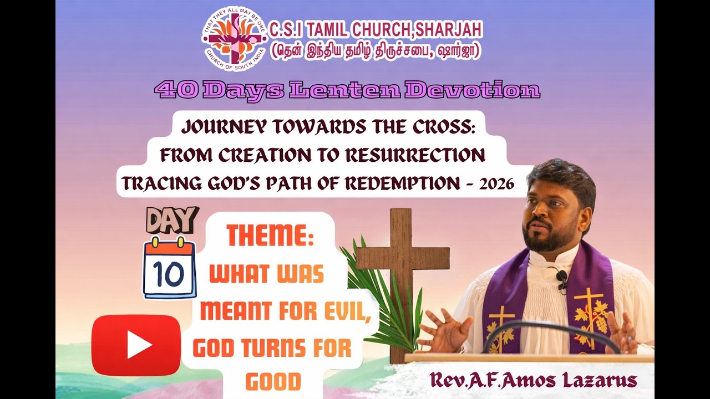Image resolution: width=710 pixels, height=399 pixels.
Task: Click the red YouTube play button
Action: [136, 345]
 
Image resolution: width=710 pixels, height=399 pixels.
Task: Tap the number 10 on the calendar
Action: [170, 273]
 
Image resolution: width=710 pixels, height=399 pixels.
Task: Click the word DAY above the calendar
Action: [172, 221]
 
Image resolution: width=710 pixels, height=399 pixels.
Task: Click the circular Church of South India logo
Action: [234, 38]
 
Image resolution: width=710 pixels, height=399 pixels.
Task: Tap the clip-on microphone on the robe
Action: [561, 278]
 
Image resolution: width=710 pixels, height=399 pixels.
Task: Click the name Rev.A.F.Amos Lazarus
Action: [533, 380]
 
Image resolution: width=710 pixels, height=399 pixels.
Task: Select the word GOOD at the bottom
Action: [273, 381]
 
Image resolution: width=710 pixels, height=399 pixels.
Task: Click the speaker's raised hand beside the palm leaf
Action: [444, 331]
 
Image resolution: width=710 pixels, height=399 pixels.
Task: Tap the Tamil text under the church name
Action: [376, 51]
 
